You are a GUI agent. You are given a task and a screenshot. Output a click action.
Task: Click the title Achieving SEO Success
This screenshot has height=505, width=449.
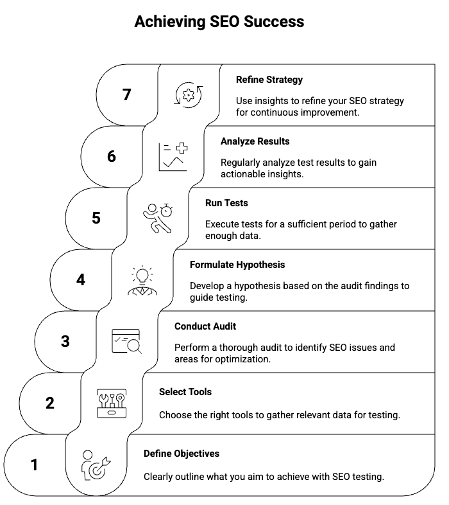(x=219, y=22)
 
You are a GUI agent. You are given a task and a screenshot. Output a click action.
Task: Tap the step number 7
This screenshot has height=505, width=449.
(x=127, y=94)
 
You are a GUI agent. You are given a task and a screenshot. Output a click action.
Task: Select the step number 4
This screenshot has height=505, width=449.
(x=81, y=280)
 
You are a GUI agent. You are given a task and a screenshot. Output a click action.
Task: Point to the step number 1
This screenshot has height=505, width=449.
(x=35, y=465)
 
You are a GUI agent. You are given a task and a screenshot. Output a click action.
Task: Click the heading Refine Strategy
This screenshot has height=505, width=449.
(x=269, y=80)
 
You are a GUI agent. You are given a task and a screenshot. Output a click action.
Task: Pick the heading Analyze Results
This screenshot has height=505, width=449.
(x=255, y=141)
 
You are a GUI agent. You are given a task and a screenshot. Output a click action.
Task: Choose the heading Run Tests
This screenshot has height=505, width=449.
(x=226, y=203)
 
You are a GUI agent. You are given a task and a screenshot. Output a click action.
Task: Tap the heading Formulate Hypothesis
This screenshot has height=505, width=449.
(x=237, y=265)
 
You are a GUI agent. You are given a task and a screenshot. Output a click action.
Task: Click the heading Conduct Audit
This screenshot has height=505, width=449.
(x=205, y=326)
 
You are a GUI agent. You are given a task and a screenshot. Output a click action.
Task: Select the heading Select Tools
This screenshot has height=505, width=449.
(x=185, y=391)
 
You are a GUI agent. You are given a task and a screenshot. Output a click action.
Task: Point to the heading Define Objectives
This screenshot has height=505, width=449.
(x=182, y=453)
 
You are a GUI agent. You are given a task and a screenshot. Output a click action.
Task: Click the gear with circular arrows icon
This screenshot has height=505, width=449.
(x=189, y=95)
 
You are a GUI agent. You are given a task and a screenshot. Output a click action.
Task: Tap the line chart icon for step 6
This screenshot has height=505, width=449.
(x=173, y=157)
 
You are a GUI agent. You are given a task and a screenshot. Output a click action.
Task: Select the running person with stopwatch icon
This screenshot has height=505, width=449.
(x=158, y=218)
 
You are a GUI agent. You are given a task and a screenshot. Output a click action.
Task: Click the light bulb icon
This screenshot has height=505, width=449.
(x=142, y=280)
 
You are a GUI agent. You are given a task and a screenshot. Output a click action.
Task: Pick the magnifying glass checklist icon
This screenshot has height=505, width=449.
(x=127, y=342)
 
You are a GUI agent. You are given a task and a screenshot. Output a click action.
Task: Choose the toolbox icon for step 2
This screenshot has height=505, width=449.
(x=111, y=403)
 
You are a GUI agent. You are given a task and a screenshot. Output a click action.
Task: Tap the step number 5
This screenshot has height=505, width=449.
(x=96, y=218)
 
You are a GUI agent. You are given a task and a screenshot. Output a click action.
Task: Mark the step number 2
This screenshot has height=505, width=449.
(x=50, y=403)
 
